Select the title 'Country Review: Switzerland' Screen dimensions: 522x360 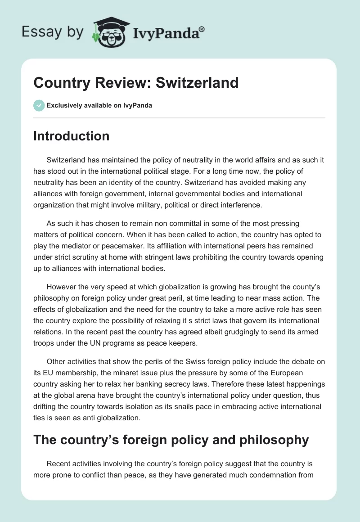[136, 83]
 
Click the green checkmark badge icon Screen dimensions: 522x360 [39, 105]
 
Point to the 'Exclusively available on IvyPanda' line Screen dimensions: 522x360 [99, 106]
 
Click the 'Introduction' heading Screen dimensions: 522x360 [72, 136]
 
